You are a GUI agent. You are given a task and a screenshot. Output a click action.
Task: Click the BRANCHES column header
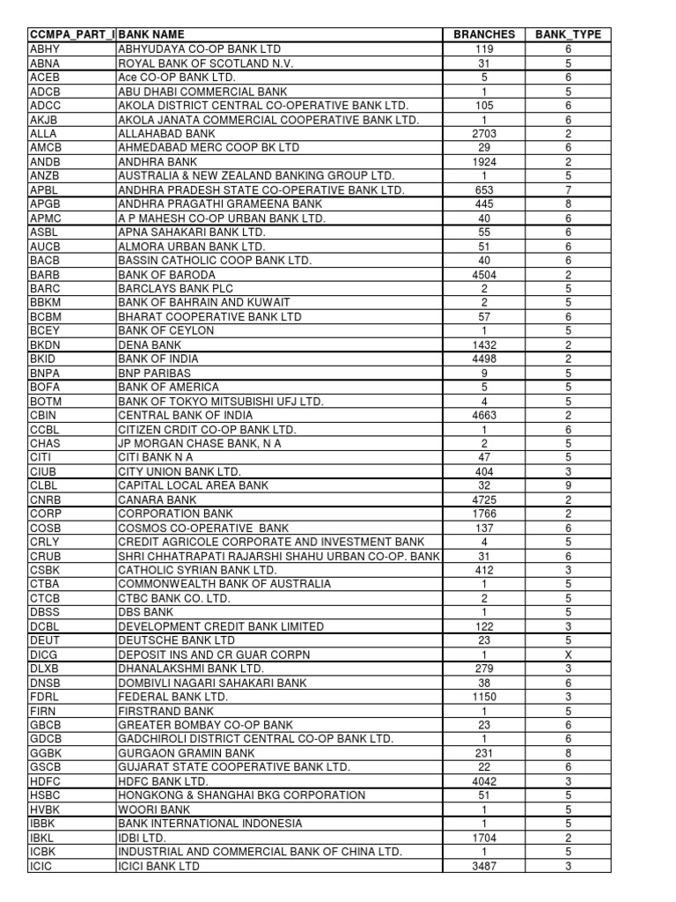pyautogui.click(x=484, y=34)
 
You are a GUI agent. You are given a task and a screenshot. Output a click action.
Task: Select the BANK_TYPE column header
pyautogui.click(x=568, y=34)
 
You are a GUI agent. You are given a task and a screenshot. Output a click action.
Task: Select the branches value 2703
pyautogui.click(x=484, y=134)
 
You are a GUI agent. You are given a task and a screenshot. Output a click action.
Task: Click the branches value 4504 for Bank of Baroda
pyautogui.click(x=484, y=275)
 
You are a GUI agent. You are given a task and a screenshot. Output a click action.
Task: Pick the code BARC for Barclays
pyautogui.click(x=44, y=289)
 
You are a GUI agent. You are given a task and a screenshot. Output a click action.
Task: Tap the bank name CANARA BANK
pyautogui.click(x=153, y=499)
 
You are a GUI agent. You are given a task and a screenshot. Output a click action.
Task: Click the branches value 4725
pyautogui.click(x=484, y=499)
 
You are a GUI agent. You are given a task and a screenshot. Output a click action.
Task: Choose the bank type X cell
pyautogui.click(x=568, y=654)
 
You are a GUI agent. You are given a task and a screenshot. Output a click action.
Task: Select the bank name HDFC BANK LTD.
pyautogui.click(x=163, y=781)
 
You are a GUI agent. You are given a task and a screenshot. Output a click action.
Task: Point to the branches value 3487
pyautogui.click(x=484, y=866)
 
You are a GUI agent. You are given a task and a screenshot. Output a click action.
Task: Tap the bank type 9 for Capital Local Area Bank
pyautogui.click(x=568, y=485)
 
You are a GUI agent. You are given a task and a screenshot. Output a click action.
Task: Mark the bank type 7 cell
pyautogui.click(x=568, y=190)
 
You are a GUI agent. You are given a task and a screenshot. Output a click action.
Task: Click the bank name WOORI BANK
pyautogui.click(x=154, y=810)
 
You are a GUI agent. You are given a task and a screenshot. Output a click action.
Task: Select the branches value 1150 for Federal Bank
pyautogui.click(x=484, y=697)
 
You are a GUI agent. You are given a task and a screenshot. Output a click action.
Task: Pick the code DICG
pyautogui.click(x=43, y=654)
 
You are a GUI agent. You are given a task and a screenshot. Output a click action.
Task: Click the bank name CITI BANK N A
pyautogui.click(x=156, y=457)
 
